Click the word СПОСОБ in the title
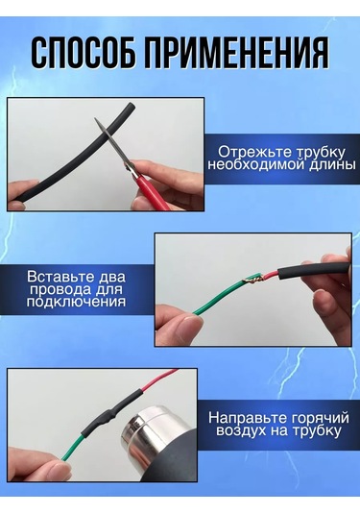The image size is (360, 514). point(84,54)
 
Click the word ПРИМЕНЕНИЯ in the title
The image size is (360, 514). point(236,54)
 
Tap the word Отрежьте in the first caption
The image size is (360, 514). point(254,153)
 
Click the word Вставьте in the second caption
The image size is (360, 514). point(58,277)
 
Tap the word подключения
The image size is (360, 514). point(76,302)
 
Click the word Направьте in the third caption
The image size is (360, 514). point(245,418)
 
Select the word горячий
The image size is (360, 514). point(317,419)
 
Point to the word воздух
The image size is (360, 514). point(241,430)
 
